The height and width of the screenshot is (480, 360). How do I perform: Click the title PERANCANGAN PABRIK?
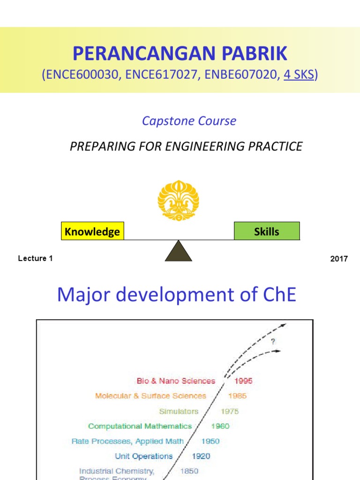180,54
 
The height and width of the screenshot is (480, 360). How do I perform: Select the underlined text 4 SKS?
299,75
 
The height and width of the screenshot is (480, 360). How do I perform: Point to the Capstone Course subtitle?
189,121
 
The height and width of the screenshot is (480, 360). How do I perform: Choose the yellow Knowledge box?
92,232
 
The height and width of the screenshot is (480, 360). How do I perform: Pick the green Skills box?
266,232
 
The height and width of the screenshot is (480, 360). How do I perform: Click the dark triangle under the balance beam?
179,251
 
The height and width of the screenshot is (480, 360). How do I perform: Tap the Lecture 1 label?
35,259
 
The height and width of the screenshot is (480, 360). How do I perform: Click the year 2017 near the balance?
339,259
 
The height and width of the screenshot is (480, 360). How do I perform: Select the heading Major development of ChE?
176,295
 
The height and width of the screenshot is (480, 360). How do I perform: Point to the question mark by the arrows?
273,342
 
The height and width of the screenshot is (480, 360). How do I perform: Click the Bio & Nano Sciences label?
176,381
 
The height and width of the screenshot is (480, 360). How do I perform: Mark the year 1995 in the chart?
243,381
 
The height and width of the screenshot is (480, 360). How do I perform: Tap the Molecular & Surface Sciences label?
150,396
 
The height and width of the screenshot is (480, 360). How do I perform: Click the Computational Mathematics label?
140,427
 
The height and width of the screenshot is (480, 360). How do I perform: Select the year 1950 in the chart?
210,442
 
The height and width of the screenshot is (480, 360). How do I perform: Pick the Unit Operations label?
144,457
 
